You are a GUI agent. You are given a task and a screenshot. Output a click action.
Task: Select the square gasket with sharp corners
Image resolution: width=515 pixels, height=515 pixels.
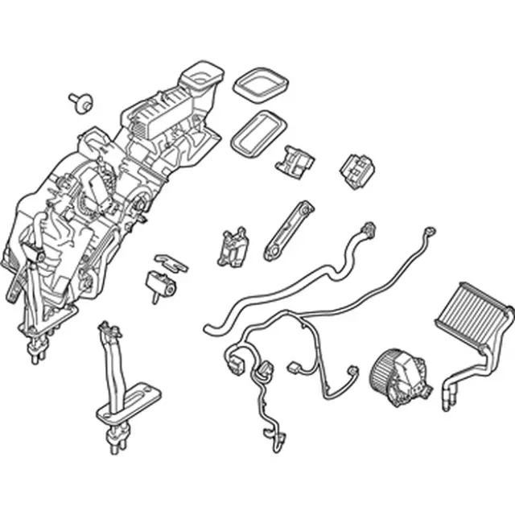point(260,84)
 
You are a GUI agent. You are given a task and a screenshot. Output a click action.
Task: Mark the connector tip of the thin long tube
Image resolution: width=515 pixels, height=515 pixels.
point(428,234)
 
